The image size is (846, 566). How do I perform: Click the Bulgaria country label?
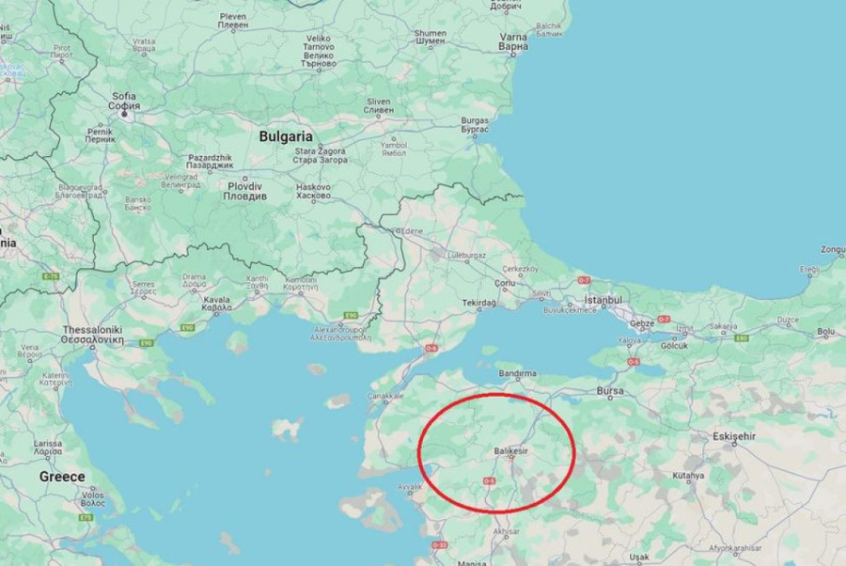click(286, 136)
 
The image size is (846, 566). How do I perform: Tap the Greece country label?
click(61, 477)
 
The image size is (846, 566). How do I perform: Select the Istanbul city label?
click(603, 300)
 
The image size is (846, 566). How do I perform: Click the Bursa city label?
click(611, 390)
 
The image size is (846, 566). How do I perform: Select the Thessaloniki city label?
click(93, 331)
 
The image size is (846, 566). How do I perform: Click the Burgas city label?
click(475, 121)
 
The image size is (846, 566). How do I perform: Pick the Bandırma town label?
click(517, 374)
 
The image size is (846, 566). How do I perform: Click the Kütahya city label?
click(688, 476)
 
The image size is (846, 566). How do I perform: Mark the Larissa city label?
click(48, 442)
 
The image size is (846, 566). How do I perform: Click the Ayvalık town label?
click(411, 487)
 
